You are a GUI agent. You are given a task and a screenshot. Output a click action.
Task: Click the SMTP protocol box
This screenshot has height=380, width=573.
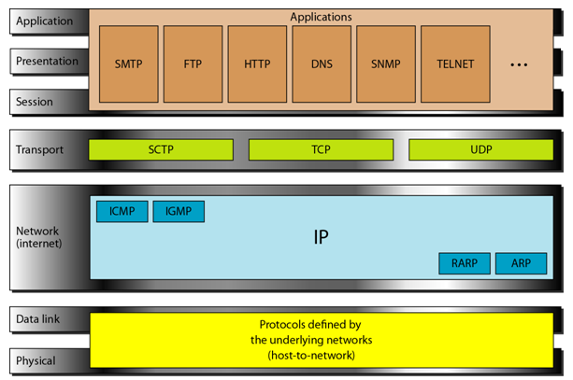[129, 63]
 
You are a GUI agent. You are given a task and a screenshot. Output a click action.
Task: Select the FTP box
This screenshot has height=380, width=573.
[193, 63]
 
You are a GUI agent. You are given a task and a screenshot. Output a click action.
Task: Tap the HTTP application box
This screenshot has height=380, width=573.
[257, 63]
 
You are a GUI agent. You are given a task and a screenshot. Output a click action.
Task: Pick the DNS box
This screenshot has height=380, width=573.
[322, 63]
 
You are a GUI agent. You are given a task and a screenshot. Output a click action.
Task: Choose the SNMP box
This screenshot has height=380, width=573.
[386, 63]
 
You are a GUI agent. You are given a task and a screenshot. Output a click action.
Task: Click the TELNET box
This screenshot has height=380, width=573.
[455, 63]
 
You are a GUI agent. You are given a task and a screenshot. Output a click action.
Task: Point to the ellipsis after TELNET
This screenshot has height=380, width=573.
[519, 65]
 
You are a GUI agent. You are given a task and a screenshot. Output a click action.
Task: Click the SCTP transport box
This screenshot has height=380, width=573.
[161, 149]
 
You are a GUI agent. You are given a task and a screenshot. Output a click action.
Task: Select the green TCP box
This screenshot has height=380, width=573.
[321, 149]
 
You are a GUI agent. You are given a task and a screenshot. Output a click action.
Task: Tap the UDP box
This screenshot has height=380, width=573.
[480, 149]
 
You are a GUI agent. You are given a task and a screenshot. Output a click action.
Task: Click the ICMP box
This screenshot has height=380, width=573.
[122, 211]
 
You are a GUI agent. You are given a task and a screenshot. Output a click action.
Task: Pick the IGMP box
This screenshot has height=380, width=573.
[179, 211]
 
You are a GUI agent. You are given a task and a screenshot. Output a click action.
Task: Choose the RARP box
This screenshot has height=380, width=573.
[465, 263]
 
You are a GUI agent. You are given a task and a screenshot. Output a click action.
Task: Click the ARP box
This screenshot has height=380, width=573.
[521, 263]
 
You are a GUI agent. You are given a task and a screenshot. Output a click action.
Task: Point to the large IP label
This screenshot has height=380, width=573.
[322, 237]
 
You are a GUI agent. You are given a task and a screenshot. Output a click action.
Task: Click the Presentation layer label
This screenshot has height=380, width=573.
[47, 61]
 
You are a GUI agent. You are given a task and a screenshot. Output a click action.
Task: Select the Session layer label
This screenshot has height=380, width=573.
[35, 102]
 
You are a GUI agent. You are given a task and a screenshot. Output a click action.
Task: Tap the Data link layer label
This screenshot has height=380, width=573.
[37, 319]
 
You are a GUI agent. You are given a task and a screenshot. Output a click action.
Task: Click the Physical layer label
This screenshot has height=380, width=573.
[36, 360]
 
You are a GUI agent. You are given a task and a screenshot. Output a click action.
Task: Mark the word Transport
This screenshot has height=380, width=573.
[39, 149]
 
